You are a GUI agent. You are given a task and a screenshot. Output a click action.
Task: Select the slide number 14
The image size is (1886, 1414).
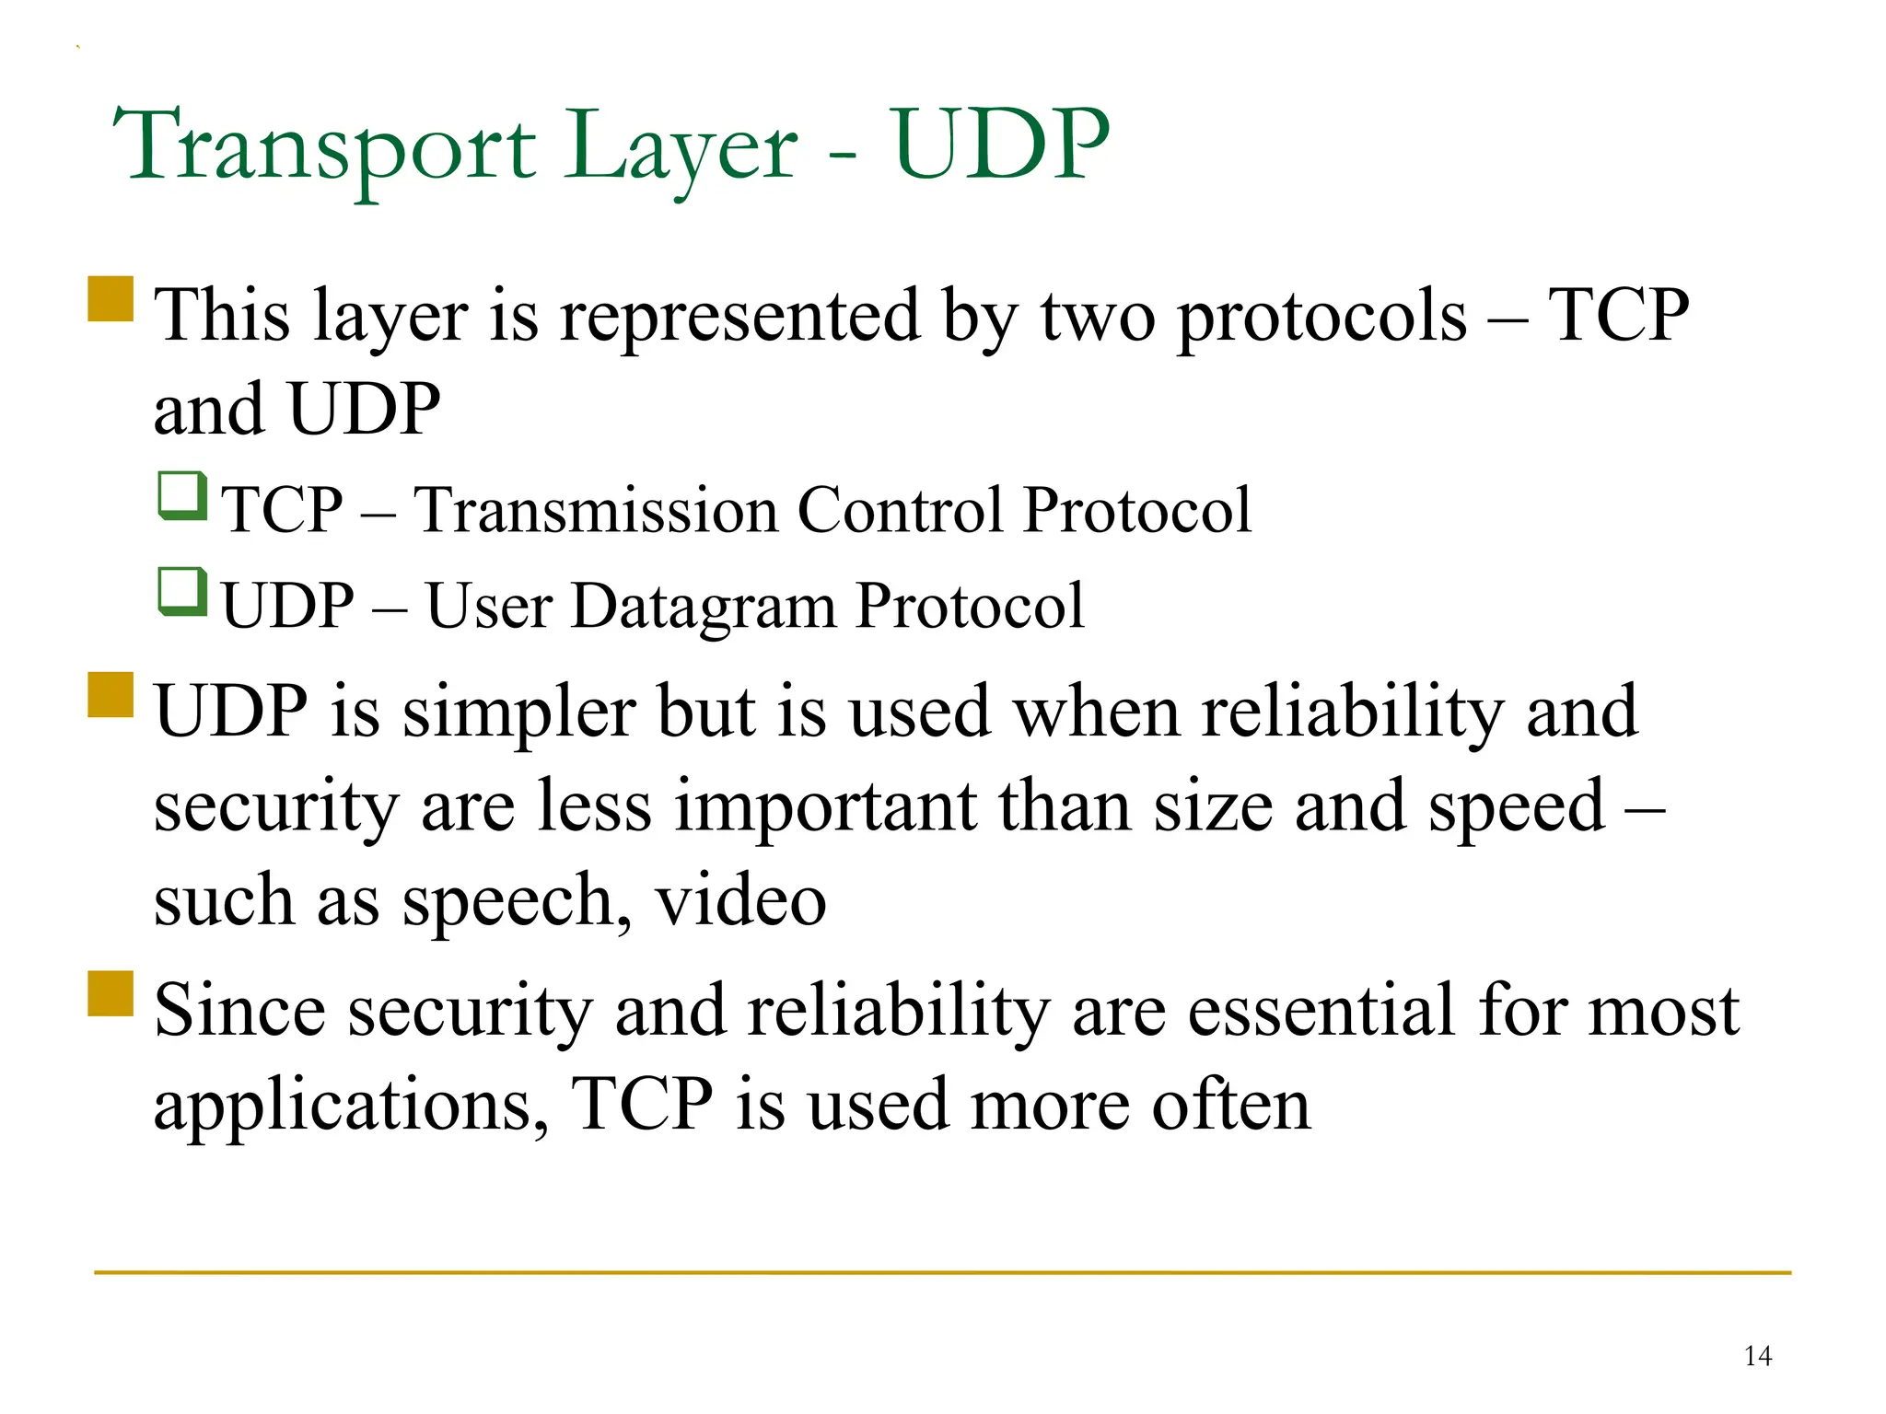(1757, 1356)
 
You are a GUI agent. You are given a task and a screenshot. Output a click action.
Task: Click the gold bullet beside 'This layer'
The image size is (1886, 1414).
(111, 299)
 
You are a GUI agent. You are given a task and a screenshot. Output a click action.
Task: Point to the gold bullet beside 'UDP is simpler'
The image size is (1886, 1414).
(111, 695)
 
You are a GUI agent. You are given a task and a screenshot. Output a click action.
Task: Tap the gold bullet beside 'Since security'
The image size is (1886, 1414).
(111, 993)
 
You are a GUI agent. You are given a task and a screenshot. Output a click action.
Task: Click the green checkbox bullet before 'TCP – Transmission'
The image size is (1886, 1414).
(181, 496)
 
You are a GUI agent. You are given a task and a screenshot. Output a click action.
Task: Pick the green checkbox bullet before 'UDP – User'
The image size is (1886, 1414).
(181, 592)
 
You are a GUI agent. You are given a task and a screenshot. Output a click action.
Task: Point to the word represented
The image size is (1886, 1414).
(739, 316)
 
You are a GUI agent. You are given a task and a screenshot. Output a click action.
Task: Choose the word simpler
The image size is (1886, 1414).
(518, 713)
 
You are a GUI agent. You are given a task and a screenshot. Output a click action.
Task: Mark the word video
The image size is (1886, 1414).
(740, 900)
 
